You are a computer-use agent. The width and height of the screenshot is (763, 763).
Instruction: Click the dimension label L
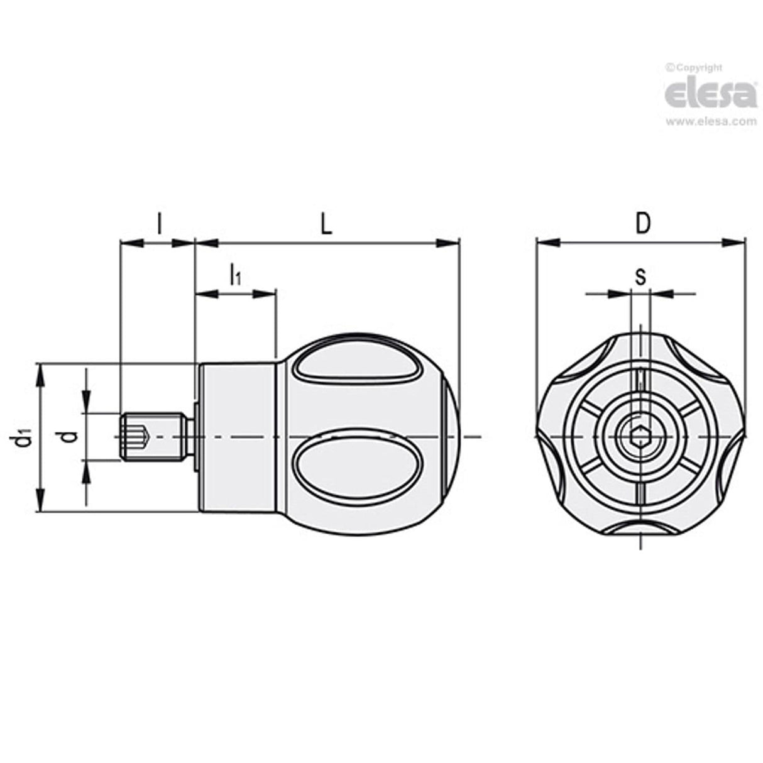tap(325, 225)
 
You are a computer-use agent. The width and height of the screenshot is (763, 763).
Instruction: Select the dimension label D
tap(641, 224)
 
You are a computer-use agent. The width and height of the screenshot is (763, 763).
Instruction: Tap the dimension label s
tap(640, 277)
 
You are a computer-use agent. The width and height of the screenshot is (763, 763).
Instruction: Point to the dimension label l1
tap(234, 275)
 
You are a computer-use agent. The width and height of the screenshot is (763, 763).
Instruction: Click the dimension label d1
tap(23, 437)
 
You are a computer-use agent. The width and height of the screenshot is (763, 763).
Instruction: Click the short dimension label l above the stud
tap(159, 224)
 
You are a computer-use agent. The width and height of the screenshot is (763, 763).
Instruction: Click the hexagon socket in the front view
tap(640, 436)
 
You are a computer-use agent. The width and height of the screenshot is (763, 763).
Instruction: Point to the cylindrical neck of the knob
tap(237, 437)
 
